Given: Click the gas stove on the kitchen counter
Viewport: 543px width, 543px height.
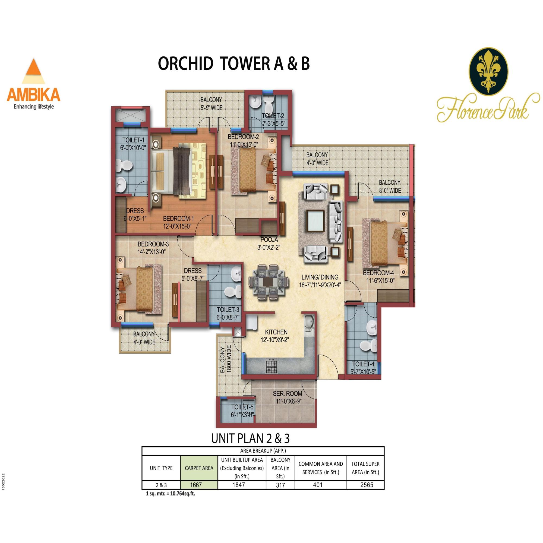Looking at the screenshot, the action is [x=271, y=366].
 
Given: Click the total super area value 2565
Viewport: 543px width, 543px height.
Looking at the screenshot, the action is [x=367, y=485].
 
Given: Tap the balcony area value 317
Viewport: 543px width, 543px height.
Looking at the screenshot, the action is [x=280, y=485].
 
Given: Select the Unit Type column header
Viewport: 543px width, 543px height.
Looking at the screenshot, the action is [x=161, y=468].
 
